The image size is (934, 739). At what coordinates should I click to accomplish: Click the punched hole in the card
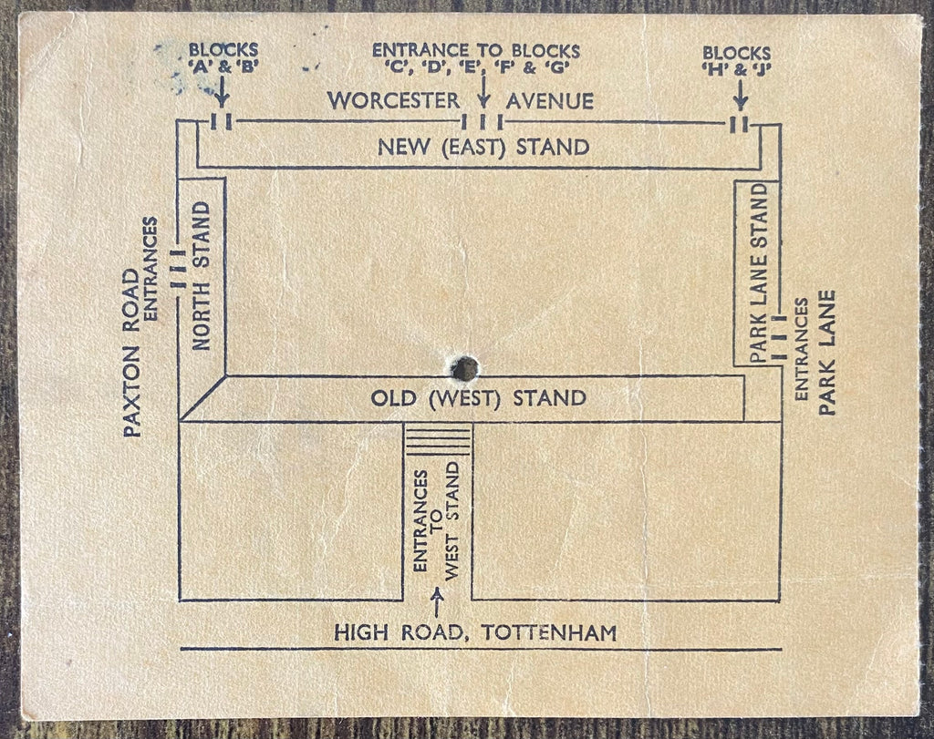(x=464, y=369)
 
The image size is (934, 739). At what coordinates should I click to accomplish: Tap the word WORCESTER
(x=394, y=100)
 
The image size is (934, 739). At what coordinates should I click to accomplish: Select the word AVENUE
(x=550, y=101)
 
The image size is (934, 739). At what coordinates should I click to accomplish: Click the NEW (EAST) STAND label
(x=483, y=147)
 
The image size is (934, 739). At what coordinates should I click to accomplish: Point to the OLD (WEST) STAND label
(x=479, y=398)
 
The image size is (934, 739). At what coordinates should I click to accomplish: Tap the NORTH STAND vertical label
(x=202, y=275)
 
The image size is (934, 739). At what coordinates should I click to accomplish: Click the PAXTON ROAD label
(x=131, y=354)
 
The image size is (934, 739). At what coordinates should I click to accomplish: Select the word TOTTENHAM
(x=548, y=632)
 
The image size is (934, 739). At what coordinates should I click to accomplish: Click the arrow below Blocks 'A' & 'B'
(x=221, y=92)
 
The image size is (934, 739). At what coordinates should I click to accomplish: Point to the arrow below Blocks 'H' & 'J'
(x=740, y=95)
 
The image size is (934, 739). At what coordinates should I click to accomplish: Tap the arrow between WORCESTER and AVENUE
(x=483, y=92)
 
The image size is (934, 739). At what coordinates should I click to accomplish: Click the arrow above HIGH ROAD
(x=437, y=602)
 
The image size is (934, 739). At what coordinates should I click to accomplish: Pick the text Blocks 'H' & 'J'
(x=736, y=61)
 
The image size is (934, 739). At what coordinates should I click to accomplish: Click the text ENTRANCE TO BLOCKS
(x=476, y=51)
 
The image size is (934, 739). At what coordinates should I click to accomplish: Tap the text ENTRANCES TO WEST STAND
(x=437, y=520)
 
